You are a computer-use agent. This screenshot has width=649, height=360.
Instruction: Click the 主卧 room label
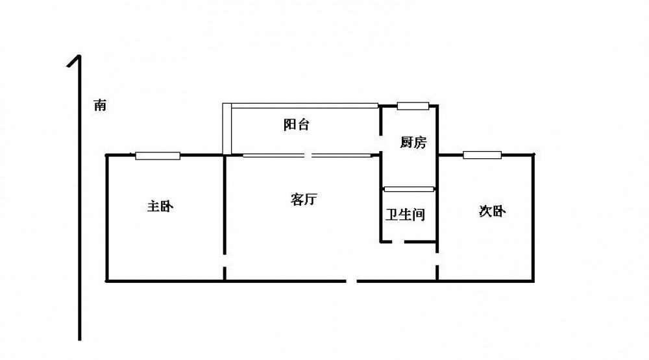[x=160, y=206]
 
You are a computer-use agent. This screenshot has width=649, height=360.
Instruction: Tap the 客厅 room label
[x=304, y=199]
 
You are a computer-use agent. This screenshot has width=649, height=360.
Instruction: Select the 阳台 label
[x=297, y=124]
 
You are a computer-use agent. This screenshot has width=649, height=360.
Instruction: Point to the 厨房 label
[x=413, y=142]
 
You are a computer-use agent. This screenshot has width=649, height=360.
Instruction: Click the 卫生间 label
[x=405, y=214]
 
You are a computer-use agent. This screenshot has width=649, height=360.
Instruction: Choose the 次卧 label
[x=492, y=211]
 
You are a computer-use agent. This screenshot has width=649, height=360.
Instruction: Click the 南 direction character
[x=100, y=105]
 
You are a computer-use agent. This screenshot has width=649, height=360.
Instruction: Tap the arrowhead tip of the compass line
[x=79, y=55]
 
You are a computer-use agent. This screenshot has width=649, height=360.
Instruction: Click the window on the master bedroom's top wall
[x=158, y=156]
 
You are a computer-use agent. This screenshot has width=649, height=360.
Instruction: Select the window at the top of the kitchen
[x=413, y=106]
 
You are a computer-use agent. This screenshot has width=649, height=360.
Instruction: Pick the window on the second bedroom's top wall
[x=482, y=155]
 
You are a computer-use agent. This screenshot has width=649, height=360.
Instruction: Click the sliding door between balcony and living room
[x=308, y=156]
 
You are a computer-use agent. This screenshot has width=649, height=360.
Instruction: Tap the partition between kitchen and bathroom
[x=409, y=189]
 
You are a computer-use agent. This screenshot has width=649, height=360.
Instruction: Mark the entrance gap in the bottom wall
[x=352, y=282]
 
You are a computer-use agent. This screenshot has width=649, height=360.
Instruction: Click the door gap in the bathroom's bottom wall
[x=398, y=242]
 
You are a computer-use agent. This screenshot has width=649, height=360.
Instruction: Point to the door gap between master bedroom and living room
[x=225, y=261]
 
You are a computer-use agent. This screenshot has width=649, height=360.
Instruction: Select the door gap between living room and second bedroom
[x=437, y=259]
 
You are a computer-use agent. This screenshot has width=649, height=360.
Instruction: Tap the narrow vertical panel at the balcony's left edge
[x=227, y=128]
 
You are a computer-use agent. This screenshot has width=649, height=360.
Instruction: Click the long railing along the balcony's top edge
[x=305, y=106]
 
